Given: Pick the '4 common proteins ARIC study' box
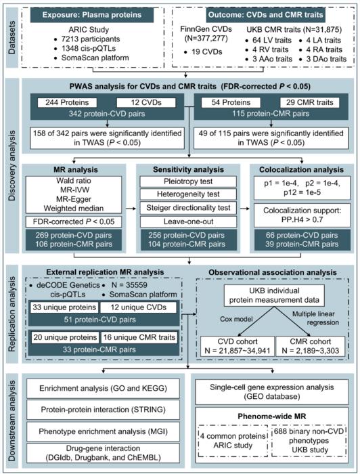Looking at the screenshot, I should click(229, 446).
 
